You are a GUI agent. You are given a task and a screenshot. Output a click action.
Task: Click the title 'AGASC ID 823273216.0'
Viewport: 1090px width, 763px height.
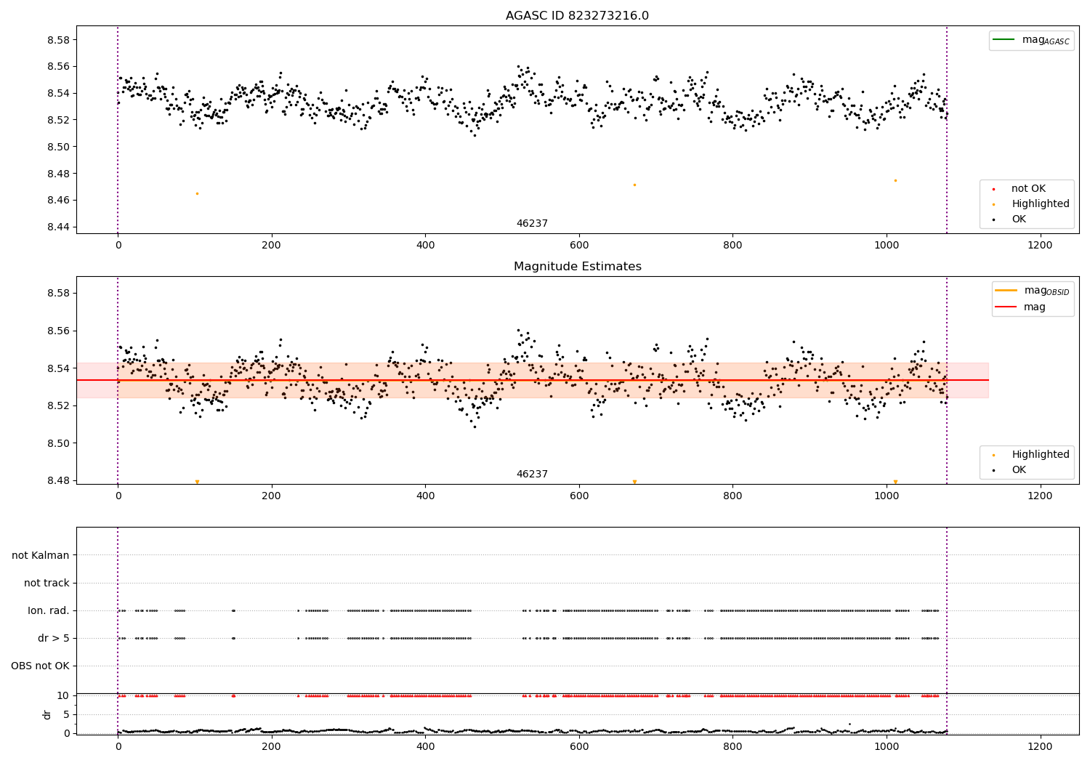[577, 16]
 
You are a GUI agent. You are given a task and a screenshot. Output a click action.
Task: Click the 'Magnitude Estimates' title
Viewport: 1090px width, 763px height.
[577, 267]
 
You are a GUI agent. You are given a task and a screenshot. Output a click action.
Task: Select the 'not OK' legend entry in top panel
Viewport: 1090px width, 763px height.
[1028, 189]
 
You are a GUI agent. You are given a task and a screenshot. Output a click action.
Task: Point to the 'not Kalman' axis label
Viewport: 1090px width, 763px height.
[41, 555]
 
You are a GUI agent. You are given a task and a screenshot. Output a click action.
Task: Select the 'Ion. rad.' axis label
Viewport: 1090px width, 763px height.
[49, 610]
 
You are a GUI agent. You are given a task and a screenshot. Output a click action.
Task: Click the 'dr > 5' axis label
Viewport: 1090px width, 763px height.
[54, 638]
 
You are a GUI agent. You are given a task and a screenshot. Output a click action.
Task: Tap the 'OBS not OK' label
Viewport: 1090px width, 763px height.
[40, 666]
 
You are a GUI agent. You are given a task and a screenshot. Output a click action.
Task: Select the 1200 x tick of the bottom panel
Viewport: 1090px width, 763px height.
[1040, 746]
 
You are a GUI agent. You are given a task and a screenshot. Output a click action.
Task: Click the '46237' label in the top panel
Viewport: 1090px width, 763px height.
[532, 224]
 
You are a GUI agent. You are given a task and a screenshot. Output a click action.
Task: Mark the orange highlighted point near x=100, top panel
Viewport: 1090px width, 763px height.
[197, 193]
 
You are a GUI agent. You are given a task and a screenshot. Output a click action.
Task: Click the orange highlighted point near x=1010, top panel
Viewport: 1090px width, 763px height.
[895, 180]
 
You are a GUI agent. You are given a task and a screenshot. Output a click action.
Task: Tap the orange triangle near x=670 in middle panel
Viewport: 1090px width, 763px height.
[634, 482]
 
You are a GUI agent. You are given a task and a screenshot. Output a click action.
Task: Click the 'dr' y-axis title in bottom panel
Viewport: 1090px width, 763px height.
[47, 714]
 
